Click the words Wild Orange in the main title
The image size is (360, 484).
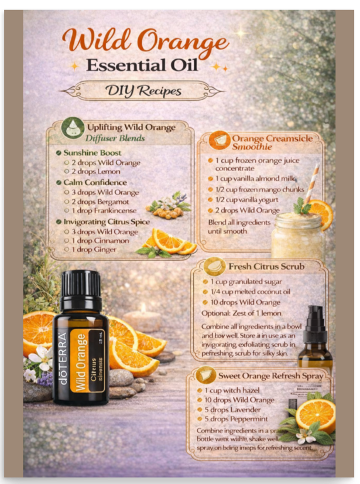click(x=145, y=42)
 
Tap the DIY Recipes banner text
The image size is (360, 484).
click(x=143, y=91)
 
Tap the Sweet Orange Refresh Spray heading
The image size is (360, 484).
click(x=270, y=375)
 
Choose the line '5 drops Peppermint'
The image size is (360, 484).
click(x=236, y=419)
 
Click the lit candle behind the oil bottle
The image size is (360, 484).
click(x=142, y=316)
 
